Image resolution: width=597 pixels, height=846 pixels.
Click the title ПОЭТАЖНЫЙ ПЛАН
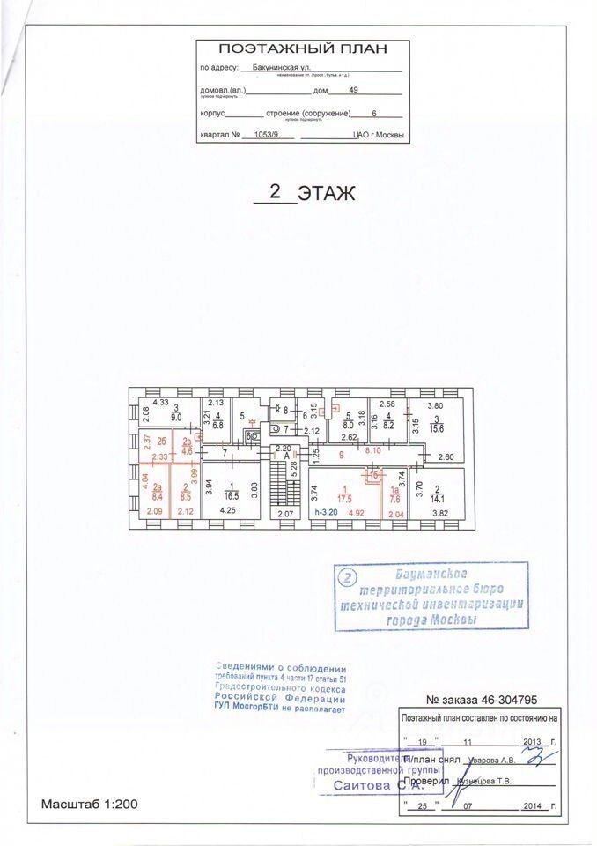pyautogui.click(x=301, y=49)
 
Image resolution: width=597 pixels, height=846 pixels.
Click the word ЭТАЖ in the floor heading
pyautogui.click(x=327, y=194)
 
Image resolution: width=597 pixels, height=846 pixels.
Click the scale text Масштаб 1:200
pyautogui.click(x=89, y=804)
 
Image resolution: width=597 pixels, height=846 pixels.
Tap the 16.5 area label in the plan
pyautogui.click(x=231, y=497)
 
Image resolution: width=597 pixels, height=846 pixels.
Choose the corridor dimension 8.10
pyautogui.click(x=372, y=449)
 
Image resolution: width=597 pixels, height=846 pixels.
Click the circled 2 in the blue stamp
pyautogui.click(x=349, y=578)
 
